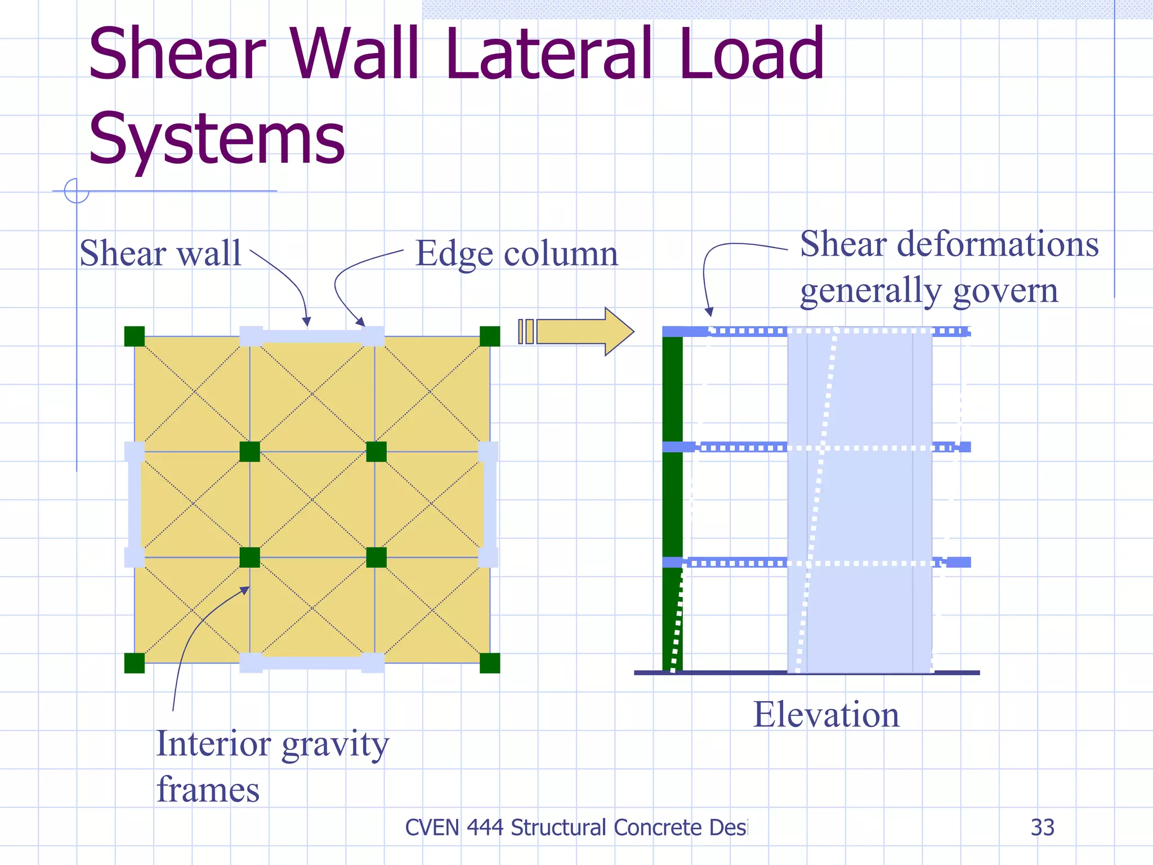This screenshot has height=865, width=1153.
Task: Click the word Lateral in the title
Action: tap(548, 54)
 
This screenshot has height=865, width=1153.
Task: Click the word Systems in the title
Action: tap(217, 139)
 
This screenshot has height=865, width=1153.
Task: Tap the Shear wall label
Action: tap(160, 253)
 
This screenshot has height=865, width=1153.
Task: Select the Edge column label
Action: tap(516, 254)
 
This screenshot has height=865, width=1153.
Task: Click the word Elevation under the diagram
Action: tap(826, 715)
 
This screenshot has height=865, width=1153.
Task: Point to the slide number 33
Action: tap(1042, 827)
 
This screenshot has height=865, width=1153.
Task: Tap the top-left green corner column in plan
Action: tap(135, 336)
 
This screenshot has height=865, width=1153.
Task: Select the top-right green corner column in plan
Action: tap(490, 336)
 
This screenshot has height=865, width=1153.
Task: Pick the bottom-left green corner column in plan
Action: tap(135, 663)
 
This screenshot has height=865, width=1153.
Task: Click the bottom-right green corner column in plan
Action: tap(490, 663)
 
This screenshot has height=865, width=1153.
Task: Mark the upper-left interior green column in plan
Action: tap(249, 452)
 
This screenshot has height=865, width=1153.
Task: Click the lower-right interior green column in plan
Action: tap(376, 558)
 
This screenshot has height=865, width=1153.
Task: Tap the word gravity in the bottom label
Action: tap(335, 744)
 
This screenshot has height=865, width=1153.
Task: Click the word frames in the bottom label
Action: tap(208, 790)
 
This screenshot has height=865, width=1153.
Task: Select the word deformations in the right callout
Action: tap(997, 244)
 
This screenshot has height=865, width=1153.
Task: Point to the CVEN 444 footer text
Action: tap(576, 827)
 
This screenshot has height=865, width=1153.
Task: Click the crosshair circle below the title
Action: tap(77, 190)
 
